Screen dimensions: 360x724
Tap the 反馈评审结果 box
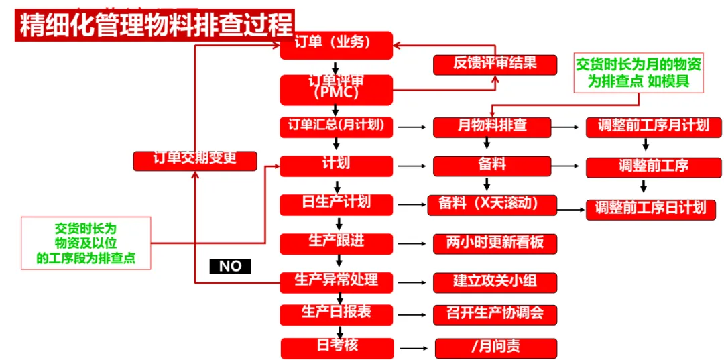[x=495, y=64]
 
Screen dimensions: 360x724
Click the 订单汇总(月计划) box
[x=336, y=127]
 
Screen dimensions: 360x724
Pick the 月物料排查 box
[x=492, y=127]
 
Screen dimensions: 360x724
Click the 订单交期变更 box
[x=195, y=160]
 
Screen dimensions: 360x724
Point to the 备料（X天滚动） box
[x=492, y=204]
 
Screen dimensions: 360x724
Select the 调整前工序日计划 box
[x=651, y=208]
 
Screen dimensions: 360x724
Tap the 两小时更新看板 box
[x=495, y=243]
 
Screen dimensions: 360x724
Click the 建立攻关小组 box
[x=495, y=282]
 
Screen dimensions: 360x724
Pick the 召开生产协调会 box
[x=495, y=314]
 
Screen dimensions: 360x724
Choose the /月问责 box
[x=495, y=348]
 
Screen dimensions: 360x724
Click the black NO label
[x=230, y=266]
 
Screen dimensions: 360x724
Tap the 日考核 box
[x=337, y=347]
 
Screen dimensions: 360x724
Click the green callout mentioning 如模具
[x=639, y=73]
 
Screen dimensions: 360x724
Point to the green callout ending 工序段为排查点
[x=85, y=243]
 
